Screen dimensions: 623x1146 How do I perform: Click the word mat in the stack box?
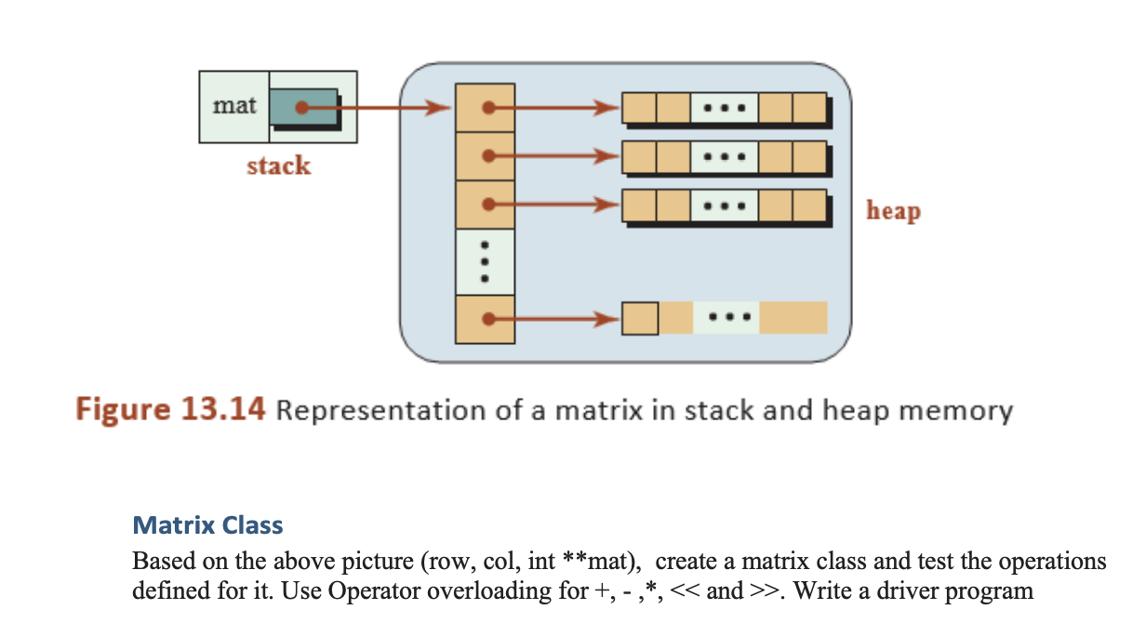233,106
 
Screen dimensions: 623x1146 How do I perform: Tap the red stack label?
278,166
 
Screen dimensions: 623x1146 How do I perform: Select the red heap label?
893,211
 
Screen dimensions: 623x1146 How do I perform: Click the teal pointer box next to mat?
303,108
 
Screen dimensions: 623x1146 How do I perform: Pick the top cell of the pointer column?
485,108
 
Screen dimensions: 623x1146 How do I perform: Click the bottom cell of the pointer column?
485,320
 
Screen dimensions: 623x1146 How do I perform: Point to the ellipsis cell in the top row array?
725,109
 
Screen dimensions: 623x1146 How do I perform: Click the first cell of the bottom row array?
640,319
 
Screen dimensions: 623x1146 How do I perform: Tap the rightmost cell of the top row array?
809,109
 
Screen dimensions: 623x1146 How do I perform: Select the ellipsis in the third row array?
725,205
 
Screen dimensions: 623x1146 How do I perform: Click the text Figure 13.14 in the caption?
170,410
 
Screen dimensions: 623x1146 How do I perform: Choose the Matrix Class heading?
207,525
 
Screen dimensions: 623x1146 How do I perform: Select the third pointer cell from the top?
485,204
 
